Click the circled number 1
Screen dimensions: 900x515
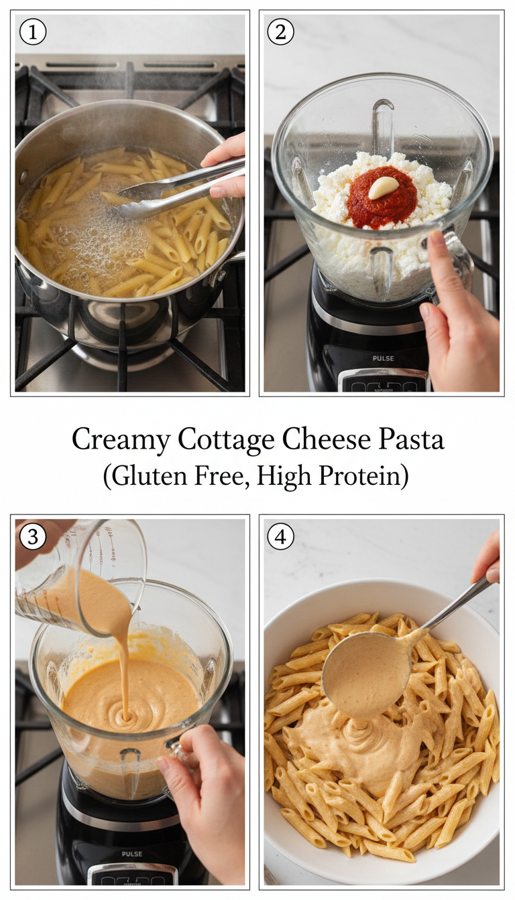pyautogui.click(x=33, y=32)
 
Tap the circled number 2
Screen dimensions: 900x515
pyautogui.click(x=281, y=32)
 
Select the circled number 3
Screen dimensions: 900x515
pyautogui.click(x=33, y=537)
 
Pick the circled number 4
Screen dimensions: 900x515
pyautogui.click(x=281, y=537)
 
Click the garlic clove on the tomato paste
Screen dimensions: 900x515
pyautogui.click(x=380, y=187)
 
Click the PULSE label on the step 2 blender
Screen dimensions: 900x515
pyautogui.click(x=383, y=358)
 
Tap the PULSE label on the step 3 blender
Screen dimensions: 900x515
pyautogui.click(x=131, y=854)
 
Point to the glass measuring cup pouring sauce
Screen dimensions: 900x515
pyautogui.click(x=80, y=576)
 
